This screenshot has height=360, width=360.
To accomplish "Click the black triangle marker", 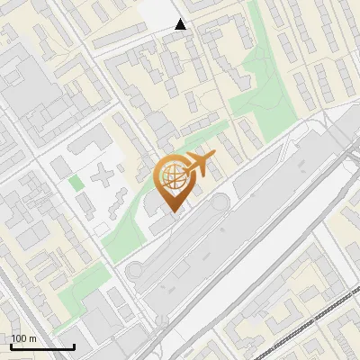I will tap(181, 24).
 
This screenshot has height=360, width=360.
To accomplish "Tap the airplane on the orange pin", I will tap(199, 165).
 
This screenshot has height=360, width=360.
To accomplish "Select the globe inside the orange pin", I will tap(173, 181).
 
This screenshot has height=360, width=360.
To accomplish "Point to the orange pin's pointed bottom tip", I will tap(173, 211).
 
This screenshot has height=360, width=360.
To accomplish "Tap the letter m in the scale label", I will tap(32, 338).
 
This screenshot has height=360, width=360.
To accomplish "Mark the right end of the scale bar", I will tap(74, 346).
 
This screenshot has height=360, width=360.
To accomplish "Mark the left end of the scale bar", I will tap(11, 346).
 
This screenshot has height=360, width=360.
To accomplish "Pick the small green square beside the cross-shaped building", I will tap(76, 183).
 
